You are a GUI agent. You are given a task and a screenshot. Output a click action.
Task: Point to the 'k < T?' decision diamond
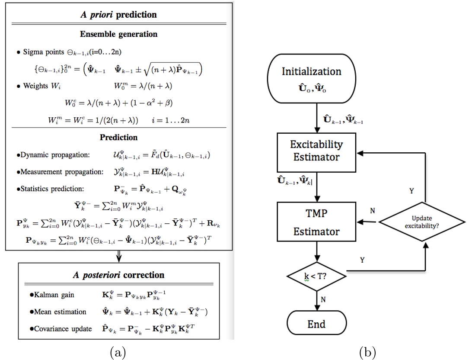point(317,273)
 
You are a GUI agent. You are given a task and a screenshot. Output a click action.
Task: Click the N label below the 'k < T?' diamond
point(324,299)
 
